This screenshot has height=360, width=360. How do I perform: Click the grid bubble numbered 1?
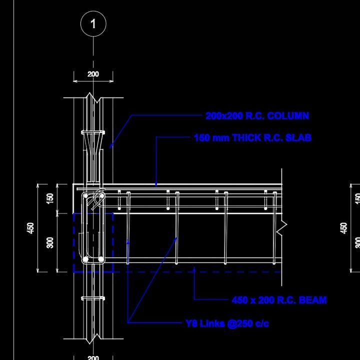pos(93,23)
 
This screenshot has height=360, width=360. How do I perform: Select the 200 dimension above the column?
pos(93,74)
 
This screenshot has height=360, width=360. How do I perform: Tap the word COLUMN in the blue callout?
pos(288,116)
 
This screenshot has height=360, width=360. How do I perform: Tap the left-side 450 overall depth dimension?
pos(31,228)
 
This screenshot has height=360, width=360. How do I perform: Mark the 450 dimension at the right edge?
pos(343,228)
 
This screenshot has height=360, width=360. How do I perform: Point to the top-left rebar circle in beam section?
pos(86,196)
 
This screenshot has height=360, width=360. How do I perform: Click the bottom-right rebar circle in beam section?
pos(101,259)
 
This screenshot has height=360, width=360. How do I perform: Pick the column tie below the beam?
pos(93,298)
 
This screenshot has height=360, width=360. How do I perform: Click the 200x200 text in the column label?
pos(224,116)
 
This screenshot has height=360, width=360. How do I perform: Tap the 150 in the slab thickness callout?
pos(202,137)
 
